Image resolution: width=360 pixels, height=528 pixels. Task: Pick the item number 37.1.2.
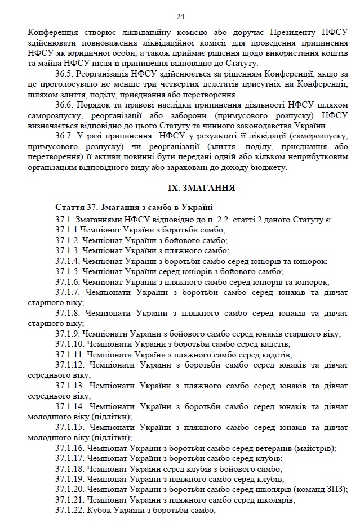pos(68,240)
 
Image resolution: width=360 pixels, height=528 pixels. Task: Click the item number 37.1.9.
pos(68,333)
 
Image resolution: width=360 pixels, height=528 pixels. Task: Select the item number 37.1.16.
pos(70,448)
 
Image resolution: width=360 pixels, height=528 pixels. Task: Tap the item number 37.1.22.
pos(70,510)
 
